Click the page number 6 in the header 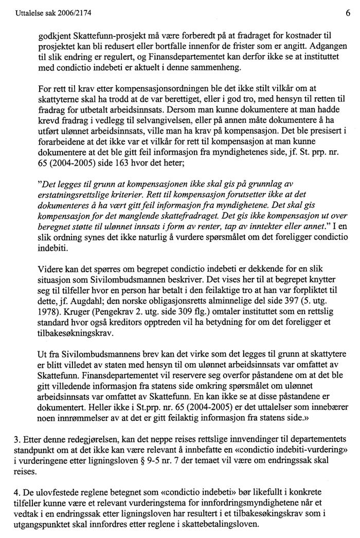click(x=348, y=8)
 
